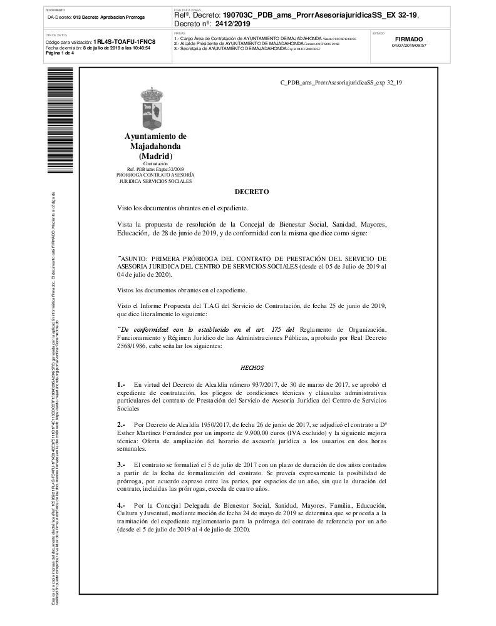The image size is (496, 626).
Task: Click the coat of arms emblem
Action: tap(155, 110)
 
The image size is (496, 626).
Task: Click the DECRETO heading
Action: tap(252, 192)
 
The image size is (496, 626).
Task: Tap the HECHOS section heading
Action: tap(252, 368)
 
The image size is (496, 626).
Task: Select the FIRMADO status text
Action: tap(409, 39)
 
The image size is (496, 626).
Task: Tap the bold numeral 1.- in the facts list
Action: tap(121, 384)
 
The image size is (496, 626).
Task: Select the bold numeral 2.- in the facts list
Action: tap(121, 424)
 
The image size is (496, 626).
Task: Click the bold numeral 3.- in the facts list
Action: tap(121, 465)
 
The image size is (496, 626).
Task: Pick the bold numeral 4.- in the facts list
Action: tap(121, 505)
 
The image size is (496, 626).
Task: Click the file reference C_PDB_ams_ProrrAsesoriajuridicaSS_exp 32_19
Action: tap(341, 81)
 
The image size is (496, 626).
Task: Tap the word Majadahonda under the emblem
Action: tap(155, 146)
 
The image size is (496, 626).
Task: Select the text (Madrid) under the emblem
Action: tap(155, 155)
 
